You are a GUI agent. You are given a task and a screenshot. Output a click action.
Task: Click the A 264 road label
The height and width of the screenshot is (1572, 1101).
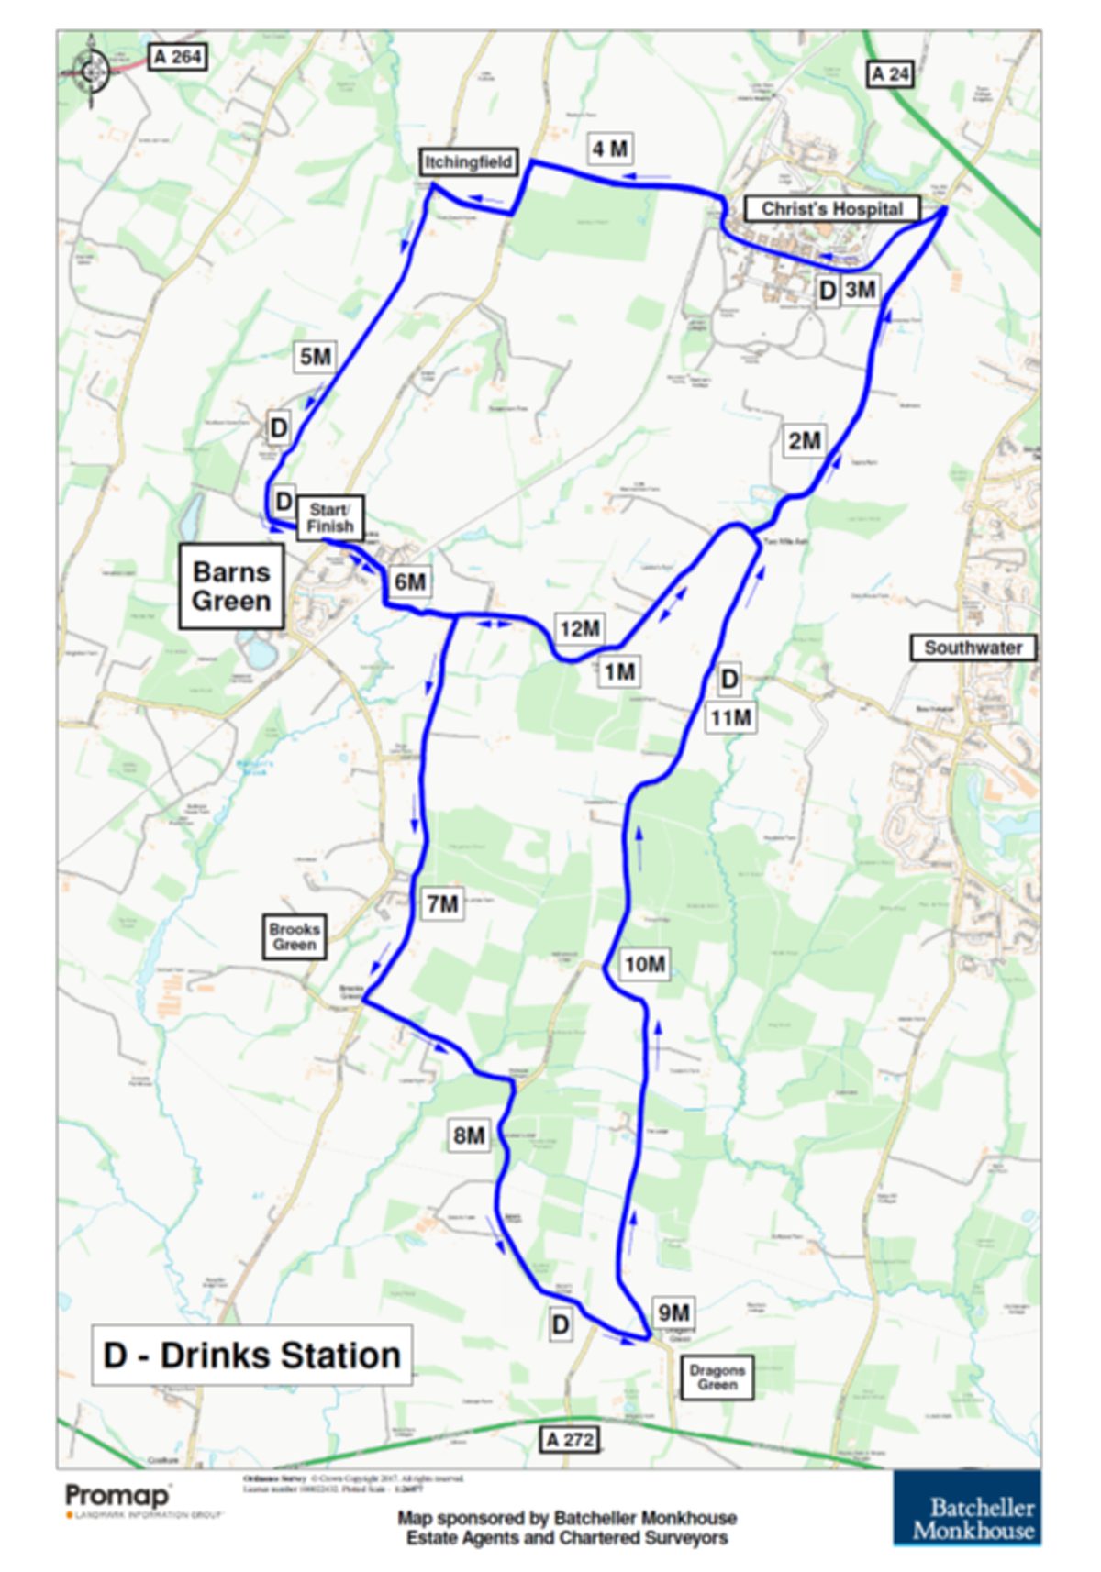click(x=178, y=57)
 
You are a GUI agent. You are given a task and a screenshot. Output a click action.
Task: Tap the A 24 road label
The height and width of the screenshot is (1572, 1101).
click(x=890, y=74)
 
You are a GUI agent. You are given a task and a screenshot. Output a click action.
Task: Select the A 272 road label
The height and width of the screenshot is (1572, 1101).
click(x=570, y=1439)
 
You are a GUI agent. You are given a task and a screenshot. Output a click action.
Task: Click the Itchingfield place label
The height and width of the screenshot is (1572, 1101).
click(x=468, y=162)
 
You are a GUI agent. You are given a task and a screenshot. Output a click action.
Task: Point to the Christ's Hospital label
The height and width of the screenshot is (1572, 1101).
click(x=832, y=209)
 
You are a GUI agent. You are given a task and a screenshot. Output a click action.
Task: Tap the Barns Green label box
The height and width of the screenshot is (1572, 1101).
click(x=231, y=587)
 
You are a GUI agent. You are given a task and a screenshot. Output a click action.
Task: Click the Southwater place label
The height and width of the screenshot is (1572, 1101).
click(x=973, y=648)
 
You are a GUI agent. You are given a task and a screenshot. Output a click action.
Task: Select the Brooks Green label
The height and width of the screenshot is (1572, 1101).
click(x=295, y=936)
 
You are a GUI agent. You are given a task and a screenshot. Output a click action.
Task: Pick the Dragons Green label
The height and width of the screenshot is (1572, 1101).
click(x=717, y=1377)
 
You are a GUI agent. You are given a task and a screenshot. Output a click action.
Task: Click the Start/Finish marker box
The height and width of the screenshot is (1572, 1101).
click(x=329, y=518)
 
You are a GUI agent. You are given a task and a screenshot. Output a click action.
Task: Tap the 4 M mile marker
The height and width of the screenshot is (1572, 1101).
click(x=610, y=149)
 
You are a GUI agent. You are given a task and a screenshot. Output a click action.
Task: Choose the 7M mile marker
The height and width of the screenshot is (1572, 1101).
click(x=442, y=904)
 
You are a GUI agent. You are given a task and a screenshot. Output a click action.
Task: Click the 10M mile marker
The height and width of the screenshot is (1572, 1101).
click(x=644, y=964)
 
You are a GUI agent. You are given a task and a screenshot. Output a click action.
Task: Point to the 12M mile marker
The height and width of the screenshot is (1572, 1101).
click(x=580, y=628)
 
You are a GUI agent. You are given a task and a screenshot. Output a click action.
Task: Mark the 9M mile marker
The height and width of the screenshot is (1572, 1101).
click(x=673, y=1312)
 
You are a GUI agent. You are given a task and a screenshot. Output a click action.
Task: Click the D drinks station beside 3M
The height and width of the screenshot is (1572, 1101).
click(x=828, y=291)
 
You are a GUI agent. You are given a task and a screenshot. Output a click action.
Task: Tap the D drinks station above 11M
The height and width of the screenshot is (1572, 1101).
click(x=728, y=680)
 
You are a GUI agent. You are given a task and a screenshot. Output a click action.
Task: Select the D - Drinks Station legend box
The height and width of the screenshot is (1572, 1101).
click(x=251, y=1355)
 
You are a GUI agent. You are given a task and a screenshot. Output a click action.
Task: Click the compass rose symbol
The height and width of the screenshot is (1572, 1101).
click(x=91, y=70)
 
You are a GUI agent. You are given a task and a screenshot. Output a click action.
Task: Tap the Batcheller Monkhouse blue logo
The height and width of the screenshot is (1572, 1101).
click(x=967, y=1509)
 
